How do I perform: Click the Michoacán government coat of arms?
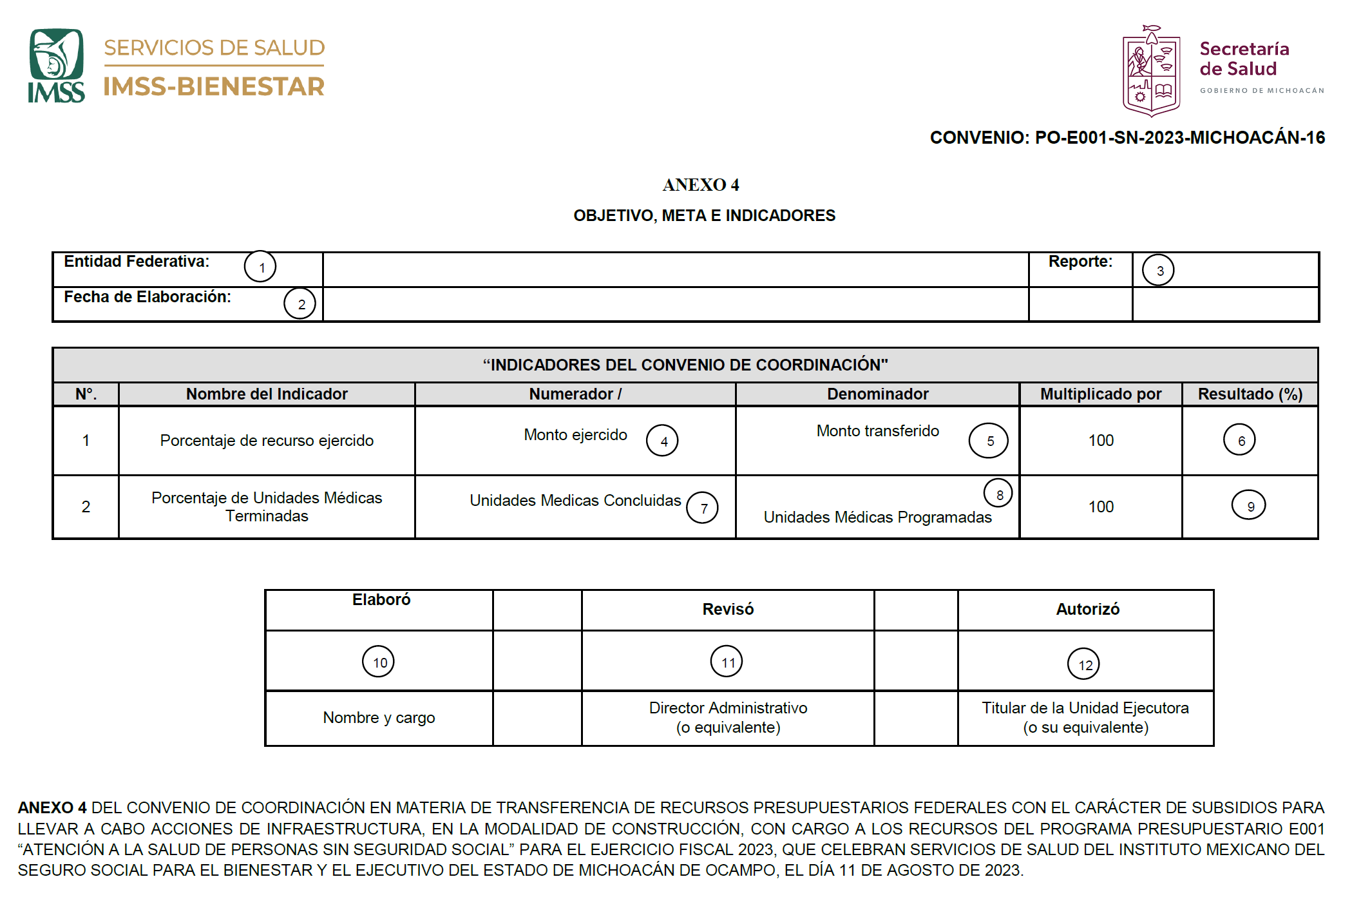coord(1151,72)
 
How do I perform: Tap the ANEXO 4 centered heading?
coord(701,185)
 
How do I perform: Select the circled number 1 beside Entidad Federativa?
coord(260,267)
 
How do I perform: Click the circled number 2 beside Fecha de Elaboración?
coord(300,304)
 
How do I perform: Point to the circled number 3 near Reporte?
coord(1158,270)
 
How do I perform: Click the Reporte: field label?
coord(1080,262)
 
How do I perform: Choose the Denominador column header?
coord(877,394)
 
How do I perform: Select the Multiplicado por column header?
coord(1100,394)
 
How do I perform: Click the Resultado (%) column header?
coord(1250,394)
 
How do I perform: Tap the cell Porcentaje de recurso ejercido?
coord(267,440)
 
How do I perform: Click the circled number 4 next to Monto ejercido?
coord(663,441)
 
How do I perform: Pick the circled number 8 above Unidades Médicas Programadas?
coord(998,494)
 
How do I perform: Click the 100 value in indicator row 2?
coord(1101,506)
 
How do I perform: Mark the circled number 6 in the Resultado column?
coord(1240,440)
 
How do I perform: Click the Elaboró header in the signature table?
coord(381,600)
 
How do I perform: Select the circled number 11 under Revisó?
coord(727,662)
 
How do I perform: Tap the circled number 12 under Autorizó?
coord(1084,664)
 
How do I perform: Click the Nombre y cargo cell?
coord(379,717)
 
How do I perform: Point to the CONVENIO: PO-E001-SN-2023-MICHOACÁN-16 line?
coord(1127,137)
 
